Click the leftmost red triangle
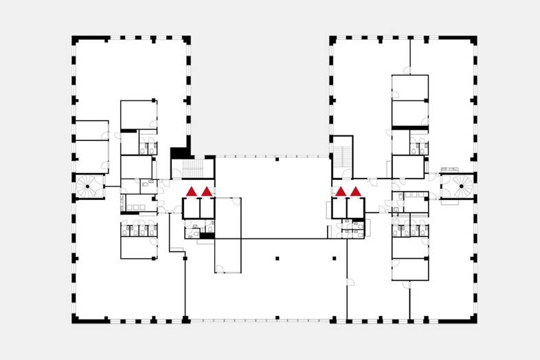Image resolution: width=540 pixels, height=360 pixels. [192, 191]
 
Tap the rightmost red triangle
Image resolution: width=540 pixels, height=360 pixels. [355, 191]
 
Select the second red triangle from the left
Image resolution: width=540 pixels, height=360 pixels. [206, 191]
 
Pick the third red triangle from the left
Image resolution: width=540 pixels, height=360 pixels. [340, 191]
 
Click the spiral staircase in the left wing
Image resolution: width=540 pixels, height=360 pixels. [89, 185]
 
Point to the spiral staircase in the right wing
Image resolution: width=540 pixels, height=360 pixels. [458, 185]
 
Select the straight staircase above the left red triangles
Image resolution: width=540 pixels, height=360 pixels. [194, 168]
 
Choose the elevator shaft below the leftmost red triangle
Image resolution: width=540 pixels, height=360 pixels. [191, 208]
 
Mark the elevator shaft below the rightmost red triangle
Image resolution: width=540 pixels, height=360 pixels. [355, 207]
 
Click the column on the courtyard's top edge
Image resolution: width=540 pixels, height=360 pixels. [276, 159]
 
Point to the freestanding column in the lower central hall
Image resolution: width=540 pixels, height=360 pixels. [276, 258]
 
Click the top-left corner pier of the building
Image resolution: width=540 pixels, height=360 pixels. [74, 40]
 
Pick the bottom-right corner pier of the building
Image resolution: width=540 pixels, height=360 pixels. [474, 320]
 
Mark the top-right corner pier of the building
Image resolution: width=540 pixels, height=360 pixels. [474, 40]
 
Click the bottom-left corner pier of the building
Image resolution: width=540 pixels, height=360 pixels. [74, 320]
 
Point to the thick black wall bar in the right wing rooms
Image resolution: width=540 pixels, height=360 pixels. [409, 127]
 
